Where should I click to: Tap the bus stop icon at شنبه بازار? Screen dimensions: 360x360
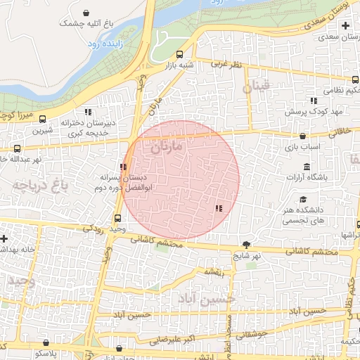[x=180, y=54]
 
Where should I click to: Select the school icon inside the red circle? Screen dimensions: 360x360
[x=219, y=207]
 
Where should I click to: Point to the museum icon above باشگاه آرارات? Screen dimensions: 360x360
[x=307, y=166]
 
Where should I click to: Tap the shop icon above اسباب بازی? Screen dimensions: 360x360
[x=302, y=136]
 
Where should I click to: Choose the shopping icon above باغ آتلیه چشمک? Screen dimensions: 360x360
[x=86, y=13]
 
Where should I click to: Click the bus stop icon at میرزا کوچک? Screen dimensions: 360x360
[x=43, y=119]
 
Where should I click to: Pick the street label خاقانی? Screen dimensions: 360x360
[x=337, y=130]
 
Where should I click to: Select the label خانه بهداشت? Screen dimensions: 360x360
[x=19, y=250]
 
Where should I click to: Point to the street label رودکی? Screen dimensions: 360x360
[x=94, y=229]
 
